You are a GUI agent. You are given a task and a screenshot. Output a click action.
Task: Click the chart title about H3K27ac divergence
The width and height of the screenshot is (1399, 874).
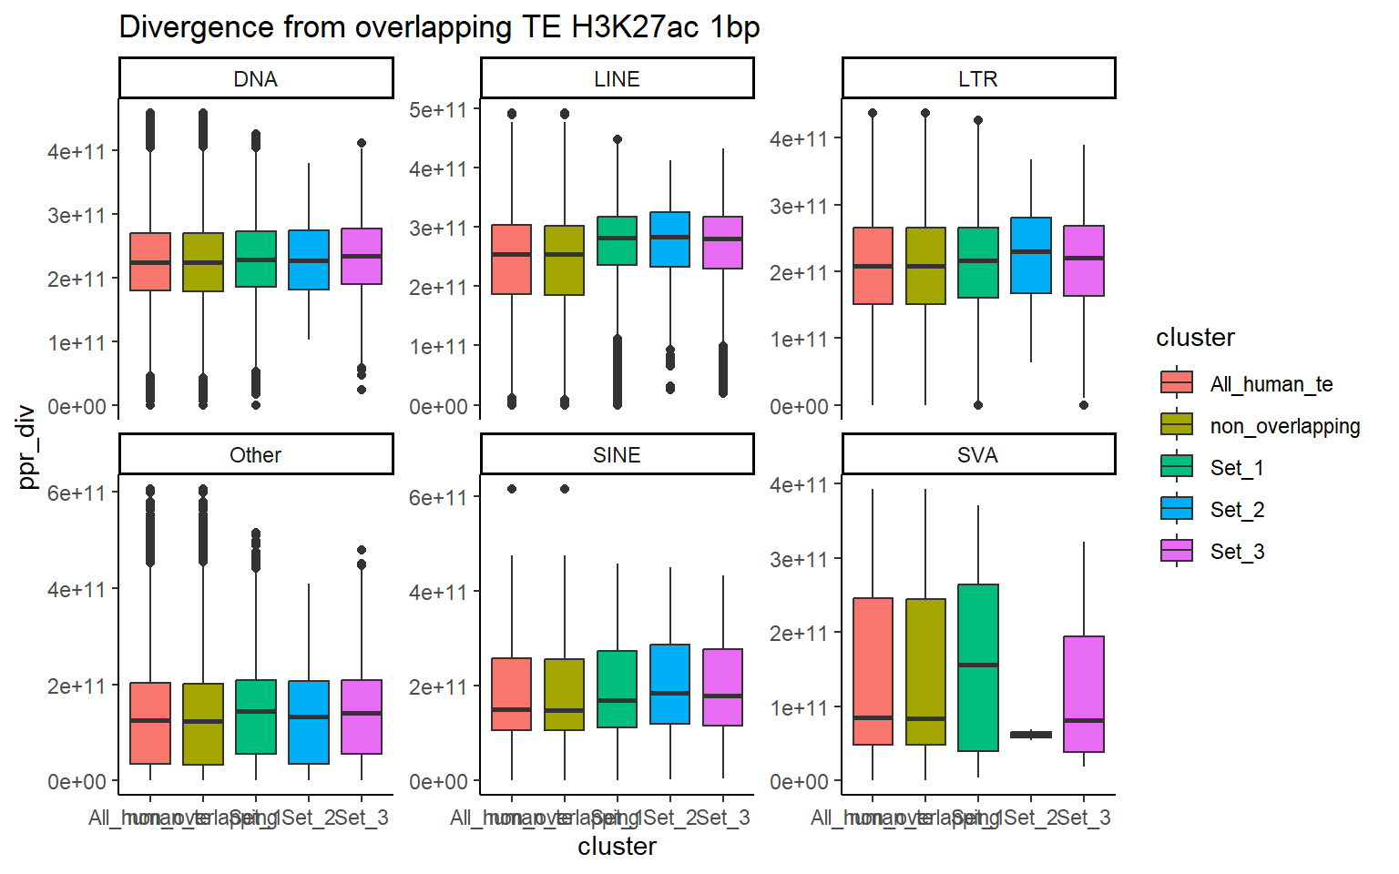coord(439,27)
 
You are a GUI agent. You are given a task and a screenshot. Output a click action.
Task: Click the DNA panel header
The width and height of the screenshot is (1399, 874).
coord(255,79)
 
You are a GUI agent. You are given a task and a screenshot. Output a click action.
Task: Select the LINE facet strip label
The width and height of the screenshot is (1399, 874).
coord(617,79)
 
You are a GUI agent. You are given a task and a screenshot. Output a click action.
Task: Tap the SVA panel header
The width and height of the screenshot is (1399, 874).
coord(977,455)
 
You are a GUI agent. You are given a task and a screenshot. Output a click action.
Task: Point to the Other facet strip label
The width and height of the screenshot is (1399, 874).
coord(255,455)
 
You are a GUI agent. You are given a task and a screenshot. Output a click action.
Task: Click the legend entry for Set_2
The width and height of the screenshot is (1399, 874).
coord(1236,510)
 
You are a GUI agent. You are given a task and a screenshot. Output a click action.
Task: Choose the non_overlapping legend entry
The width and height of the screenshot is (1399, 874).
coord(1284,426)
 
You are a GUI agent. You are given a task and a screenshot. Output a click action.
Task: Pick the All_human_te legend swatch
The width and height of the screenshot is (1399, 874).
coord(1177,382)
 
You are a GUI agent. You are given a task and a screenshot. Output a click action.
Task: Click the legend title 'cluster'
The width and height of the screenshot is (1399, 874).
coord(1195,338)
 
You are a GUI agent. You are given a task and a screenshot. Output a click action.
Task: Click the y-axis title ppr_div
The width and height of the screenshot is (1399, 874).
coord(26,446)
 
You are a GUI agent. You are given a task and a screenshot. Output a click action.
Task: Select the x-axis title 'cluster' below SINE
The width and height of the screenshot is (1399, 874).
coord(617,847)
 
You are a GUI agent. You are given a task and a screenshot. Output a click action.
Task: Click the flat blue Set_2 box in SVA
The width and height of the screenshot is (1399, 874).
coord(1031,735)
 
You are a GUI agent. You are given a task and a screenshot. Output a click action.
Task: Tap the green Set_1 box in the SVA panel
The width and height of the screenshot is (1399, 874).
coord(978,667)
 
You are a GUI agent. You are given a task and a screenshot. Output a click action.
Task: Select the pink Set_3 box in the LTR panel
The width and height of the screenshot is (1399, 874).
coord(1084,260)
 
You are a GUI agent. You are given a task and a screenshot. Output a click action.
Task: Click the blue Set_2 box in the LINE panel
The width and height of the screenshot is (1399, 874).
coord(669,239)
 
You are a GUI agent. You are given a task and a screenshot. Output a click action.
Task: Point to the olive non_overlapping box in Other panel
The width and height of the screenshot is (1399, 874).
coord(203,724)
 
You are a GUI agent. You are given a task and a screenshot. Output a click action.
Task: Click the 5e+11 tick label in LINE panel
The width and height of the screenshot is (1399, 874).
coord(438,110)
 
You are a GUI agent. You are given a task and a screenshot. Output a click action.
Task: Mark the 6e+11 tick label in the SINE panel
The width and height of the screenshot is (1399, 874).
coord(438,498)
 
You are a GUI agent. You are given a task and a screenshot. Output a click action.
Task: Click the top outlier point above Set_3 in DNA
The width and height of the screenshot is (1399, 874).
coord(362,143)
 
